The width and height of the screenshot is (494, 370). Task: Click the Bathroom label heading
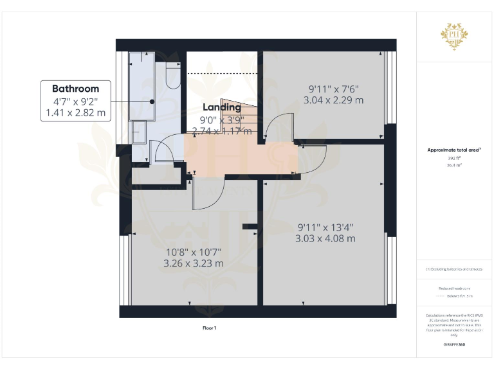[x=75, y=89]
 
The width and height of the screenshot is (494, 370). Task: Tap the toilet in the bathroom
[x=172, y=76]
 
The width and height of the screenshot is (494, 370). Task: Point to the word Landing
[x=222, y=107]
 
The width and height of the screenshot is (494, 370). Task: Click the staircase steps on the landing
[x=238, y=116]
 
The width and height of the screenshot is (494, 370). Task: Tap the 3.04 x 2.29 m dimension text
[x=333, y=100]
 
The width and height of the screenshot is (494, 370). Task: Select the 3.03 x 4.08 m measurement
[x=325, y=238]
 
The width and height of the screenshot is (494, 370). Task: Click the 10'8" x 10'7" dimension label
[x=193, y=251]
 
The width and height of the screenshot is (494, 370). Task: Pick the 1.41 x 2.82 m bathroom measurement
[x=75, y=113]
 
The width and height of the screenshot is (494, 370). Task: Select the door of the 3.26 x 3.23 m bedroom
[x=206, y=193]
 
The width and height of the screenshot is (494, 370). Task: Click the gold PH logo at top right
[x=454, y=35]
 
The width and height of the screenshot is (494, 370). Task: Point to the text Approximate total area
[x=453, y=150]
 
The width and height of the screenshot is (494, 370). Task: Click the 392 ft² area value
[x=454, y=157]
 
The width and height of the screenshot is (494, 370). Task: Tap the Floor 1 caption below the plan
[x=210, y=328]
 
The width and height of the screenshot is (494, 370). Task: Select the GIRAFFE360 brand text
[x=454, y=345]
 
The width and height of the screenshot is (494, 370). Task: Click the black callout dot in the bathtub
[x=152, y=101]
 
